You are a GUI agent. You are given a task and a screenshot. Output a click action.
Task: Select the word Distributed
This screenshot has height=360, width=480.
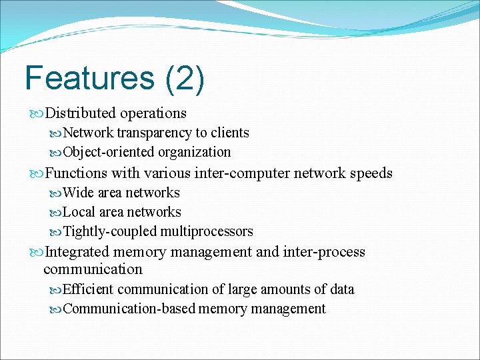(x=80, y=113)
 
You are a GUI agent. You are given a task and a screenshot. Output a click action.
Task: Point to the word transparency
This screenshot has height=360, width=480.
(x=154, y=133)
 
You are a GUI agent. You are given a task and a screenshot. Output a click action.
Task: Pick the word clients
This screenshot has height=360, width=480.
(x=230, y=133)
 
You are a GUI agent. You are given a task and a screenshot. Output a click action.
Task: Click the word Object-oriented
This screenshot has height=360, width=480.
(x=108, y=152)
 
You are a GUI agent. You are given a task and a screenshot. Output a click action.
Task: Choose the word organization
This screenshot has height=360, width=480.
(x=195, y=152)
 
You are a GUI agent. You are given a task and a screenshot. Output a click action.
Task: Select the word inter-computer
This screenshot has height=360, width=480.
(x=243, y=173)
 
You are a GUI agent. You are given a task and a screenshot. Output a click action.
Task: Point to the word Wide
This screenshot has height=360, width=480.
(x=78, y=193)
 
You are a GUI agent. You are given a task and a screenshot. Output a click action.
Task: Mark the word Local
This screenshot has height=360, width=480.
(x=79, y=212)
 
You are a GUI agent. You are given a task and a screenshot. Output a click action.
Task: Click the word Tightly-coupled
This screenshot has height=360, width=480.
(x=109, y=231)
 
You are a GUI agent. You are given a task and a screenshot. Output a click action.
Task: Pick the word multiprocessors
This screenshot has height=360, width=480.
(x=207, y=231)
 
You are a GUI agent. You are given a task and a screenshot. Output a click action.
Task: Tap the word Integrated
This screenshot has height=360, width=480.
(x=77, y=252)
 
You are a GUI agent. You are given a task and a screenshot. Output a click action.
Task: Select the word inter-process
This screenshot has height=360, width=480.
(x=324, y=252)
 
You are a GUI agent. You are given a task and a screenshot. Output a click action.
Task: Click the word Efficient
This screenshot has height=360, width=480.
(x=88, y=289)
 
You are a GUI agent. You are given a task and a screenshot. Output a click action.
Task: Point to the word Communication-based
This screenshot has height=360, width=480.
(x=129, y=309)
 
